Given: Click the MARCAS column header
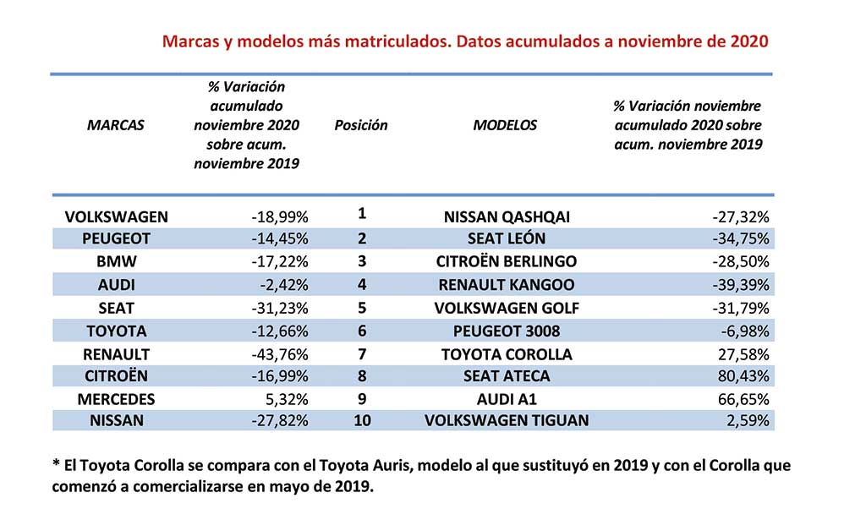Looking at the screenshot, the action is [x=115, y=125].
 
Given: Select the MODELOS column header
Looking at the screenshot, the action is [x=505, y=125].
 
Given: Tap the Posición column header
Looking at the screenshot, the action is [x=360, y=125].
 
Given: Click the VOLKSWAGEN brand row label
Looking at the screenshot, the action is [x=116, y=216].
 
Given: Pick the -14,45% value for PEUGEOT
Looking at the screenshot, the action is [x=280, y=238].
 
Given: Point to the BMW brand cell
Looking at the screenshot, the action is [x=116, y=261].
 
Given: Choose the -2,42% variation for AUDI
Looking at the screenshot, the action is [x=284, y=285].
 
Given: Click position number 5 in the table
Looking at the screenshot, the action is [x=362, y=308].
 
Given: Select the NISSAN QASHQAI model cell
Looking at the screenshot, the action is [x=507, y=216].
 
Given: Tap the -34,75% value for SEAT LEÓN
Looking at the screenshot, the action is [x=741, y=238].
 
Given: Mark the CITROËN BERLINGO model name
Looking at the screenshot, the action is [x=507, y=261].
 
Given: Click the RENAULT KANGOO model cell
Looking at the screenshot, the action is [x=507, y=285].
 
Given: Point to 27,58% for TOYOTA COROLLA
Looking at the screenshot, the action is [x=743, y=354].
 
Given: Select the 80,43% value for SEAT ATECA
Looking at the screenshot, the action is [x=743, y=376].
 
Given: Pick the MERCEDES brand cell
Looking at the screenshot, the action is [x=116, y=399].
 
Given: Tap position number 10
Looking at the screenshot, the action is [x=362, y=421].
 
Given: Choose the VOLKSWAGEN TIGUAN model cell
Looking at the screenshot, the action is [x=507, y=421].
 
